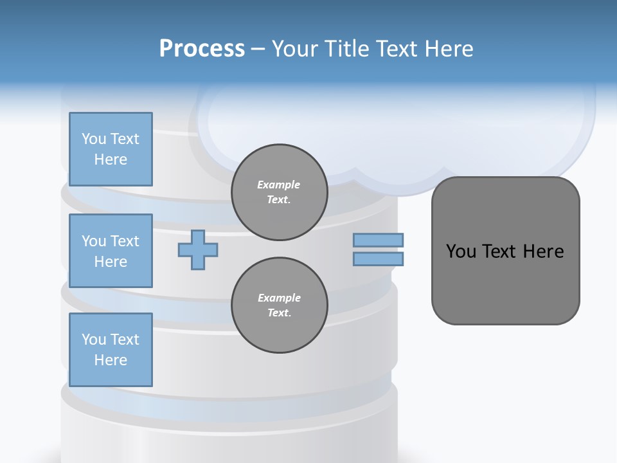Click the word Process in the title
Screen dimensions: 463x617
coord(202,49)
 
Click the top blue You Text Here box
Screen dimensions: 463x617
coord(111,149)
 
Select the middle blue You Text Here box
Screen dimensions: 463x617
coord(111,251)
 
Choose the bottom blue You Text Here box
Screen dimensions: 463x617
coord(111,350)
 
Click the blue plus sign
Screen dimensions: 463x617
coord(198,250)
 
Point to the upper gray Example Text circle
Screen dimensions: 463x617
coord(280,192)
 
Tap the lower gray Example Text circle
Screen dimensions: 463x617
coord(280,305)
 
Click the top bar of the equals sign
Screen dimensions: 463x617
coord(379,240)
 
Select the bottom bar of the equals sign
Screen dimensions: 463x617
coord(379,259)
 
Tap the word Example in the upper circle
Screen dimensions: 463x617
coord(279,185)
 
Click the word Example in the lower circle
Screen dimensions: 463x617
coord(279,298)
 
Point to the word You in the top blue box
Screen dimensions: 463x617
coord(93,139)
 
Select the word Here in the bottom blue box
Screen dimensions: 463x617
coord(111,360)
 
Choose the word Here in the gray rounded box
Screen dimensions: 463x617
coord(543,251)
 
